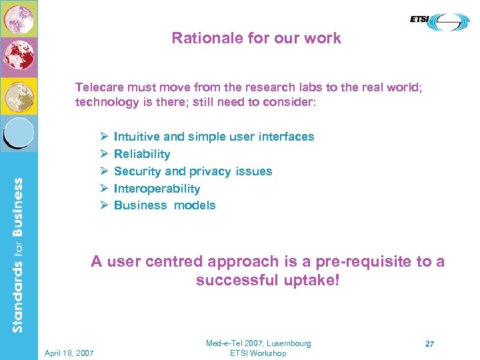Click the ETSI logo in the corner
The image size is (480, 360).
tap(439, 23)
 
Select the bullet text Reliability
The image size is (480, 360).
tap(142, 154)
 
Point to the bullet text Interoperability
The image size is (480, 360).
tap(157, 189)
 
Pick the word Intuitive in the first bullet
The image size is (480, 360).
tap(137, 137)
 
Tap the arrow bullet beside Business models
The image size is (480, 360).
tap(104, 205)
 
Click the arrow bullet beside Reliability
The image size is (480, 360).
tap(104, 154)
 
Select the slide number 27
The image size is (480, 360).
tap(430, 344)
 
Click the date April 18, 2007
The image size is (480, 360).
tap(69, 353)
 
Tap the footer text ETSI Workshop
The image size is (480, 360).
tap(257, 353)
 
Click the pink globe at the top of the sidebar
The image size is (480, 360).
tap(19, 19)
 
